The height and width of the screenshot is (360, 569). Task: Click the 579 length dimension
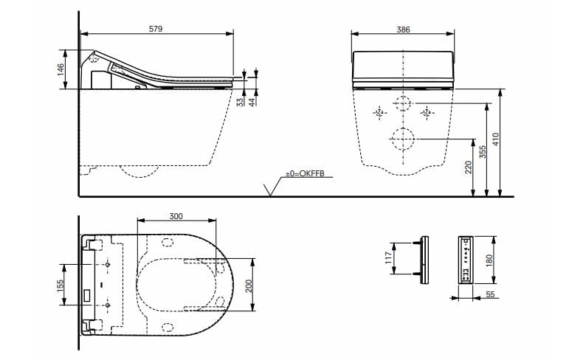[x=156, y=28]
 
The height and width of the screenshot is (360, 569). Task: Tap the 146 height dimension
[x=61, y=68]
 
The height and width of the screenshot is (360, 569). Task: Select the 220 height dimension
[x=468, y=167]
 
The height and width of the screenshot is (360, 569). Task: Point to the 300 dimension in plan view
[x=176, y=216]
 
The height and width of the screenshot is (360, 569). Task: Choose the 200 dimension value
[x=249, y=285]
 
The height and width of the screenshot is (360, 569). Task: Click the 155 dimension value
[x=61, y=283]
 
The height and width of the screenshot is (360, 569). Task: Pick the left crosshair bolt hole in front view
[x=379, y=113]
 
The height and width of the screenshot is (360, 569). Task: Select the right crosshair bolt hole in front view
[x=426, y=112]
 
